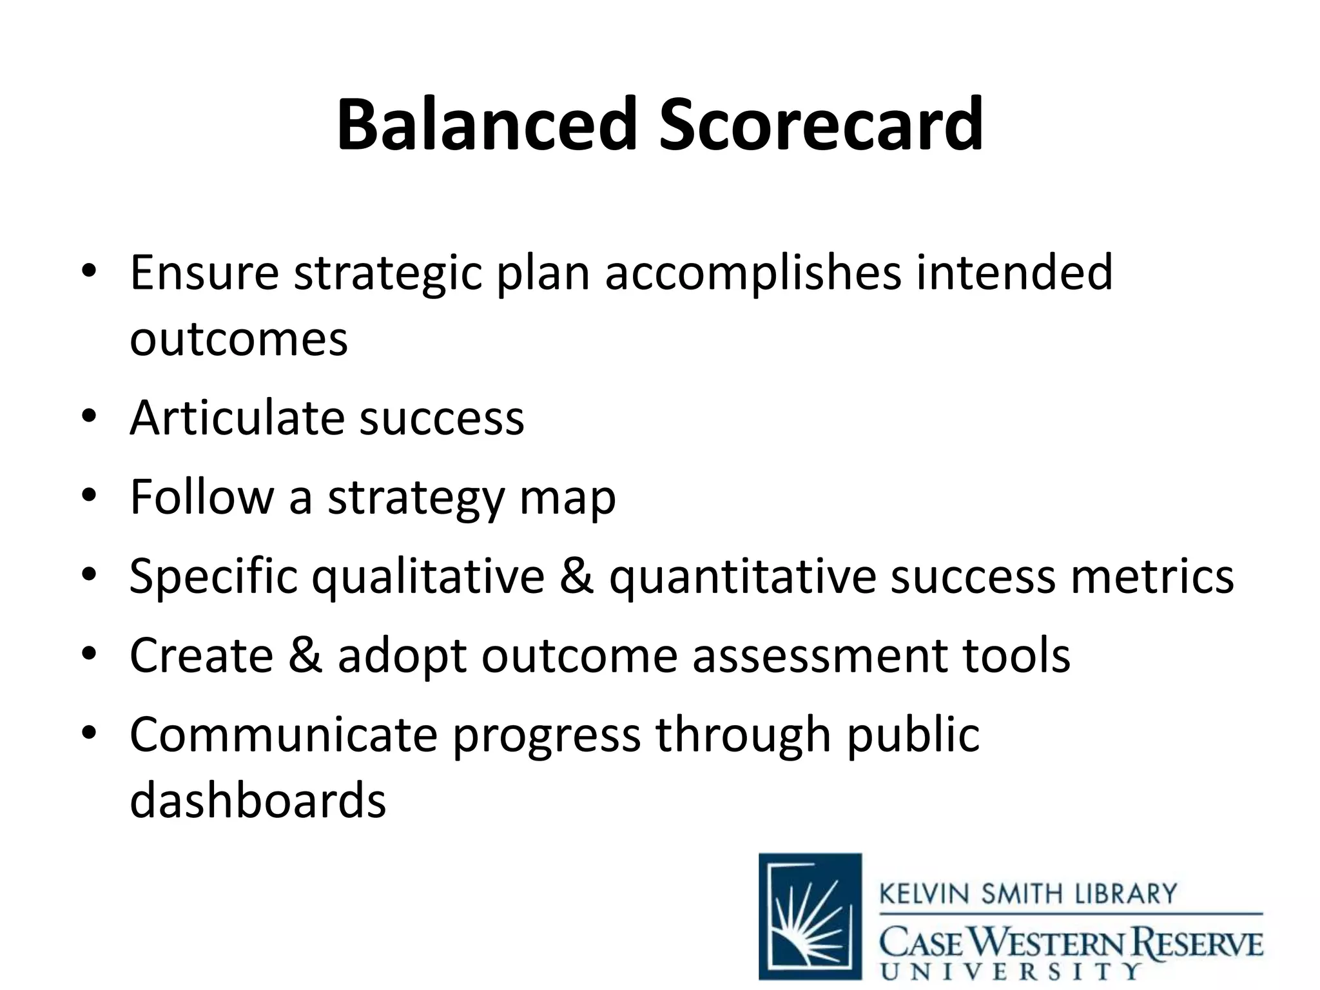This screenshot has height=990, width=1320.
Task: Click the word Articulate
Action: click(237, 418)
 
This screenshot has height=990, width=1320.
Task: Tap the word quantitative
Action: click(742, 576)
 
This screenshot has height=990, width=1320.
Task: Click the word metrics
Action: click(1152, 576)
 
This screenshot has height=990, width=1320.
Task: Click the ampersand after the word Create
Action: click(306, 655)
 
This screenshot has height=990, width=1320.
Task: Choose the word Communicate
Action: click(284, 734)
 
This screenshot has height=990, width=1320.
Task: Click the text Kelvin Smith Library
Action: click(1028, 894)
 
